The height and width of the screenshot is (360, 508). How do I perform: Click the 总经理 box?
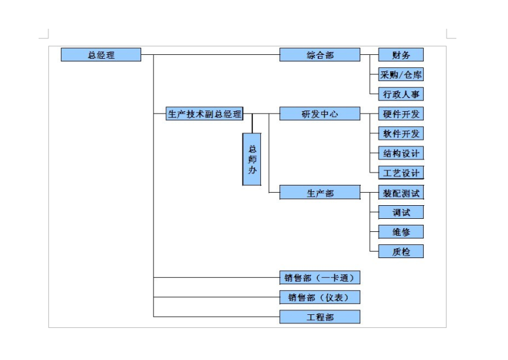(101, 55)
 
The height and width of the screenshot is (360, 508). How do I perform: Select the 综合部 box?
(320, 55)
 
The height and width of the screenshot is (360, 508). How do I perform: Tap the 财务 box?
(401, 55)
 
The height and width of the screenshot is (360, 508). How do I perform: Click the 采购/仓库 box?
(401, 74)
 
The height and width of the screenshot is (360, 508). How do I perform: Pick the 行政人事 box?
(401, 94)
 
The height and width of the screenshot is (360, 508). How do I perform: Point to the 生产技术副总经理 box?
(204, 114)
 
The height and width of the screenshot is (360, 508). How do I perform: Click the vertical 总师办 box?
(252, 159)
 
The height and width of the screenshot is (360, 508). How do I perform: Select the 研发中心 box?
(320, 114)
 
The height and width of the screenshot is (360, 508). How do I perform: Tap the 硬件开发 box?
(401, 114)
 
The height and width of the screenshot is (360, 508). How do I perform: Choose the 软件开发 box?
(401, 133)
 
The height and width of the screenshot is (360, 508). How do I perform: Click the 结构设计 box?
(401, 153)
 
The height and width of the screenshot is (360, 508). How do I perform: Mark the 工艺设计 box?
(401, 172)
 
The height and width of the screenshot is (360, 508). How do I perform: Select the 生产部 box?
(320, 193)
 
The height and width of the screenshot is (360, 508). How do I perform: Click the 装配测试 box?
(401, 193)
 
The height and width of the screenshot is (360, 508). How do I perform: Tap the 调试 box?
(401, 212)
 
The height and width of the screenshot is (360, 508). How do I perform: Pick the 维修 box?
(401, 232)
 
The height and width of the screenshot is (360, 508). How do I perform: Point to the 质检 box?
(401, 252)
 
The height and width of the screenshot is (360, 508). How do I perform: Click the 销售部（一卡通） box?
(320, 278)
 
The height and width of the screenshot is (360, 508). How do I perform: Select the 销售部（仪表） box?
(320, 297)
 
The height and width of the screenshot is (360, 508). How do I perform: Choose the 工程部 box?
(320, 317)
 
